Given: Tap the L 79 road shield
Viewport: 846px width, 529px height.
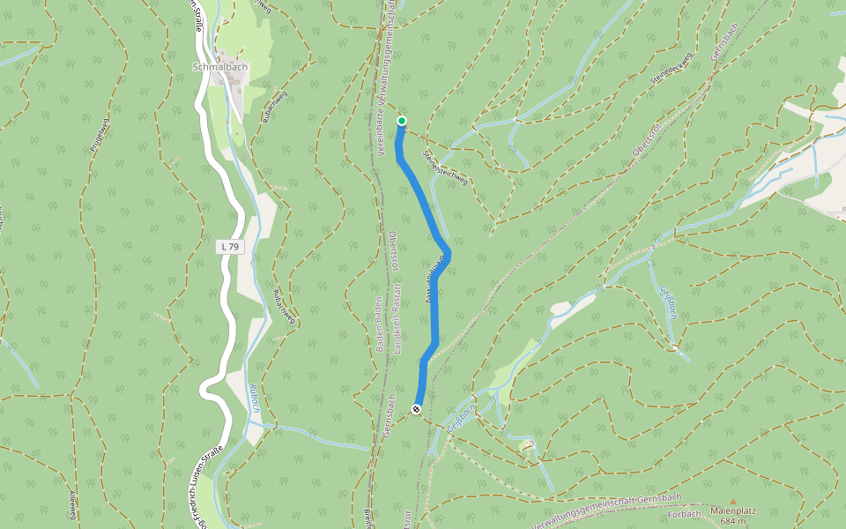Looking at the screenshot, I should pos(229,248).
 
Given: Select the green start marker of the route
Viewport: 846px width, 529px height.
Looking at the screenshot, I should pos(402,121).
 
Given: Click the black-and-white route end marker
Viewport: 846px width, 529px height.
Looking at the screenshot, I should pos(416,409).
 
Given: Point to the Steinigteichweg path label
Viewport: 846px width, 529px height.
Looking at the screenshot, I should pos(445,167).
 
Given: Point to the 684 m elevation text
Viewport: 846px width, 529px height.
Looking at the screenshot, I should pos(733,521).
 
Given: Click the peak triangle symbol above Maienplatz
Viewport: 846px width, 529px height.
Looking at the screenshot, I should pos(732,501).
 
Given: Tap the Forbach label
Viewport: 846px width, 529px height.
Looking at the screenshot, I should pos(685,513).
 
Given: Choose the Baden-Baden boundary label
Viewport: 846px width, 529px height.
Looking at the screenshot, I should pos(379,326).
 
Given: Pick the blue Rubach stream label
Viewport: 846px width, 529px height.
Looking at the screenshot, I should pos(254,399).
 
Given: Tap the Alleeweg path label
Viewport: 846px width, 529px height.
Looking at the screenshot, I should pos(72,504).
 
